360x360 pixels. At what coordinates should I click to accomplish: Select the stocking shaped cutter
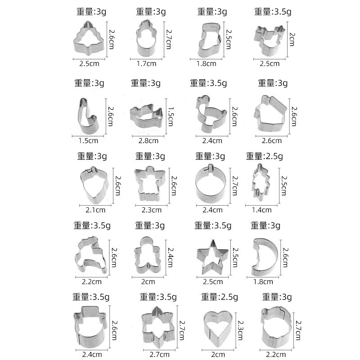tap(207, 40)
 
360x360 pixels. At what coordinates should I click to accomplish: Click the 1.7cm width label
tap(146, 63)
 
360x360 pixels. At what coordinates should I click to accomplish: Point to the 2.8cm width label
tap(148, 140)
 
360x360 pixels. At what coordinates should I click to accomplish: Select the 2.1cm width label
tap(95, 210)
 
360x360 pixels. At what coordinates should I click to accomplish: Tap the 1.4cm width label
tap(261, 210)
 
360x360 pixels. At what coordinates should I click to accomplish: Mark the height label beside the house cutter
tap(294, 116)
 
